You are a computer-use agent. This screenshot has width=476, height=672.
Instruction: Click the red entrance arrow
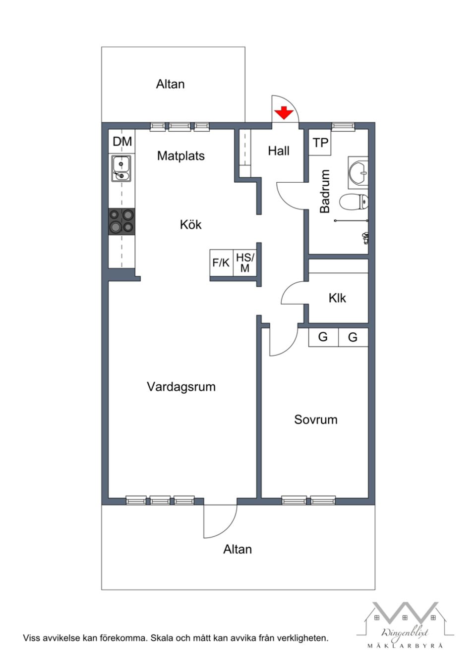point(284,112)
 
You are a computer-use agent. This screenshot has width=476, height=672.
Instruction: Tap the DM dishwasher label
point(122,142)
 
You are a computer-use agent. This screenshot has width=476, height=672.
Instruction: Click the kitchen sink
point(121,168)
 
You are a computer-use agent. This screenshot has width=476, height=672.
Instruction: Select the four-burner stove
point(121,221)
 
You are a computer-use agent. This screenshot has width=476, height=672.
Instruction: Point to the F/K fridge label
point(221,262)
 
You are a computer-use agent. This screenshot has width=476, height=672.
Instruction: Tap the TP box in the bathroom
point(320,143)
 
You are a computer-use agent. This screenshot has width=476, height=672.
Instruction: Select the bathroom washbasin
point(358,173)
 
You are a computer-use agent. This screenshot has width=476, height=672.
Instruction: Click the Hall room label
point(279,151)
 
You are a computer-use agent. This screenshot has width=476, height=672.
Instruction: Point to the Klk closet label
point(337,298)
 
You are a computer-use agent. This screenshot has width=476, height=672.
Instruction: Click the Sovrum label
point(316,420)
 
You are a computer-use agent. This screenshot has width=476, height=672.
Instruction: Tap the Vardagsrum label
point(181,387)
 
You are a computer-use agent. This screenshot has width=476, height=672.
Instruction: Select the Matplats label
point(180,156)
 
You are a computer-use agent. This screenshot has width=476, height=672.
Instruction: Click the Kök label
point(190,225)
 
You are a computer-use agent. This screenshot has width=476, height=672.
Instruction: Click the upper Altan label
point(170,84)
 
